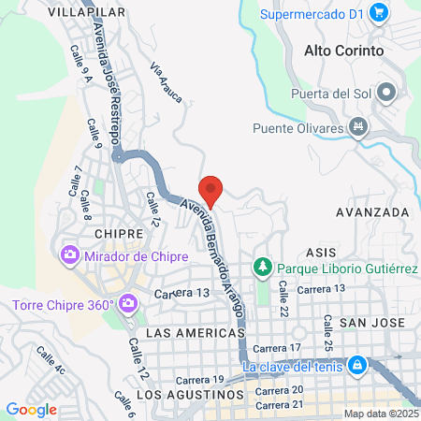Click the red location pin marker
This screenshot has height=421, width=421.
pyautogui.click(x=211, y=190)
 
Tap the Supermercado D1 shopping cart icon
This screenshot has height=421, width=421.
pyautogui.click(x=379, y=12)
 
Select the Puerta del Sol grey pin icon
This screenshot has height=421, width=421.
pyautogui.click(x=388, y=93)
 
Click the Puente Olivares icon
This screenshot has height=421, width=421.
pyautogui.click(x=356, y=126)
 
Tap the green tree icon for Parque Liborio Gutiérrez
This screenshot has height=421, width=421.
pyautogui.click(x=263, y=269)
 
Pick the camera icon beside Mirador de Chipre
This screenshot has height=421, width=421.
pyautogui.click(x=69, y=254)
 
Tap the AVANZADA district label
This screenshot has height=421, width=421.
pyautogui.click(x=372, y=211)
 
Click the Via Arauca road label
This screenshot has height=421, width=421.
pyautogui.click(x=167, y=81)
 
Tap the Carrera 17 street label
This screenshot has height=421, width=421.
pyautogui.click(x=282, y=348)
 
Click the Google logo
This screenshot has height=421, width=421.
pyautogui.click(x=31, y=409)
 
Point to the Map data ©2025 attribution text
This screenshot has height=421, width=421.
pyautogui.click(x=381, y=414)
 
